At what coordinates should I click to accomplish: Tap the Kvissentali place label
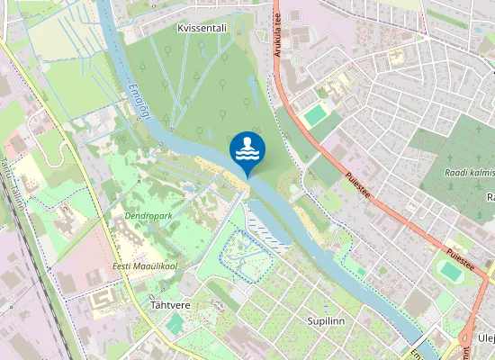click(202, 29)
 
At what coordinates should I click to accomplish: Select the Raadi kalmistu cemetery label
click(469, 172)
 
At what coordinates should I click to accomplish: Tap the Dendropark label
click(148, 216)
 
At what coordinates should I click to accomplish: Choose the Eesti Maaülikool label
click(144, 266)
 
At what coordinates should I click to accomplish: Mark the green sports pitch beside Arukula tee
click(315, 116)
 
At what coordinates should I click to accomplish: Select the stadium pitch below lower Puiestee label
click(449, 271)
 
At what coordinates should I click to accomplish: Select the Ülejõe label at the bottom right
click(486, 337)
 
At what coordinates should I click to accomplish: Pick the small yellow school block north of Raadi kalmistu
click(396, 58)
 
